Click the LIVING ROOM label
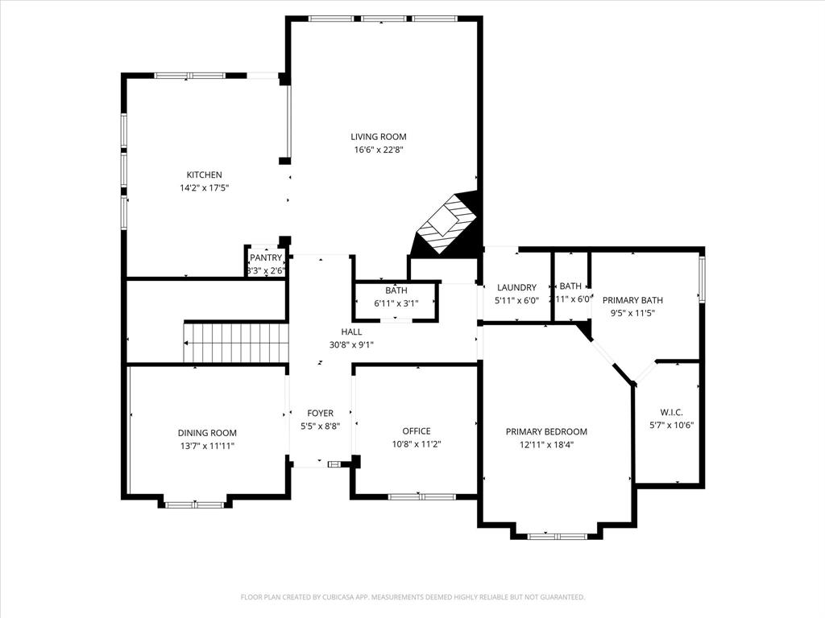tap(378, 137)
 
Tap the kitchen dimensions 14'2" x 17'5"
tap(204, 187)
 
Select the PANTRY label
tap(266, 257)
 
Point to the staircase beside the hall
tap(235, 342)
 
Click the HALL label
tap(351, 332)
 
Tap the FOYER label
tap(320, 414)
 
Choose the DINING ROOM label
tap(207, 433)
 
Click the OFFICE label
tap(417, 431)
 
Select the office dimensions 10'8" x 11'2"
tap(417, 444)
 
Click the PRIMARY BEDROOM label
tap(546, 432)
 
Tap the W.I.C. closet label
tap(671, 412)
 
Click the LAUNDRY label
tap(516, 287)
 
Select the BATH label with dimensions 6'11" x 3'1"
tap(396, 290)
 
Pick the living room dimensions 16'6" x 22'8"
tap(378, 150)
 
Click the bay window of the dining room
tap(195, 505)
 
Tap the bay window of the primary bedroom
tap(557, 535)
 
